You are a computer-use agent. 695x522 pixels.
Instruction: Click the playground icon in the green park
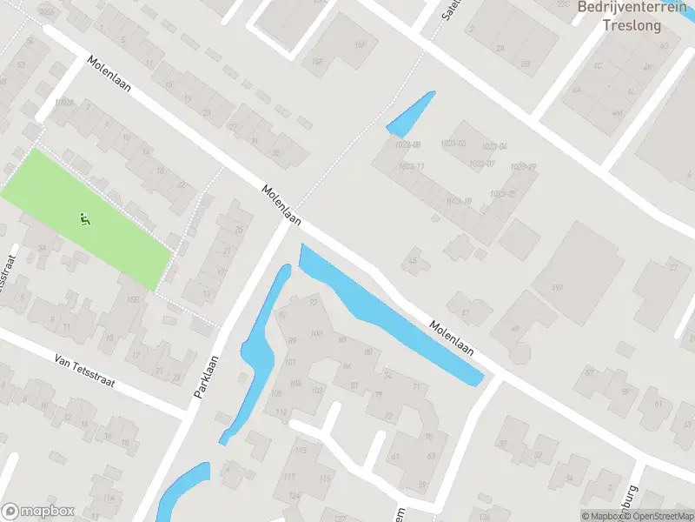tap(85, 218)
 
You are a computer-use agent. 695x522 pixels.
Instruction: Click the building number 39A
tap(558, 287)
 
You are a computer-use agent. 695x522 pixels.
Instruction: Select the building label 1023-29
tap(523, 167)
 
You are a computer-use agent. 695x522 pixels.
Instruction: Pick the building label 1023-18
tap(458, 201)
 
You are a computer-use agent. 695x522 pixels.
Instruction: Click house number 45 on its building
tap(414, 260)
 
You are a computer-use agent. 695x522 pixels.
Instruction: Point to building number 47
tap(466, 313)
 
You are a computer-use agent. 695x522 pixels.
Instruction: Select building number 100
tap(315, 334)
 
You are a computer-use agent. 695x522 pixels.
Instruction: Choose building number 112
tap(281, 412)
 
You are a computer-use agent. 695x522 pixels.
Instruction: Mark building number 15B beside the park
tap(133, 300)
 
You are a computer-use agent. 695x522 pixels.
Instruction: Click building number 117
tap(288, 475)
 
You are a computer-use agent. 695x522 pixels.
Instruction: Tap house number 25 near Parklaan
tap(239, 230)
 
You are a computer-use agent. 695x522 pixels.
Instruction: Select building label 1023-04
tap(497, 146)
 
